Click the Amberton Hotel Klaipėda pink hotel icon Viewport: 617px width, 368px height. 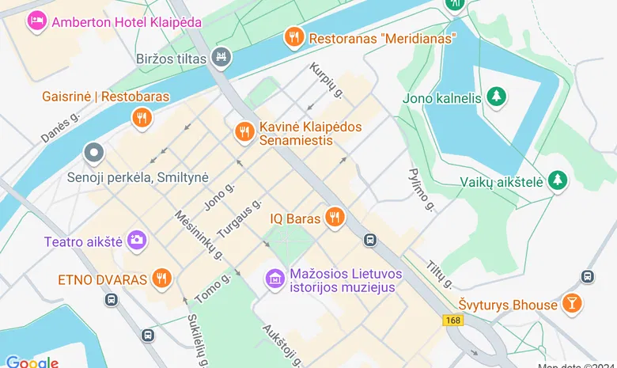tap(36, 21)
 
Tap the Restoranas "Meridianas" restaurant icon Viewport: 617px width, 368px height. tap(294, 37)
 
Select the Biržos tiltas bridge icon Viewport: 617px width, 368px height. tap(221, 57)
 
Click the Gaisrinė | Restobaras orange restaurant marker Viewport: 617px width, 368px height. tap(142, 118)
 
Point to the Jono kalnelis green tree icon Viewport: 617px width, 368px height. tap(496, 97)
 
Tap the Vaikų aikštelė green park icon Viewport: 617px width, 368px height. tap(558, 180)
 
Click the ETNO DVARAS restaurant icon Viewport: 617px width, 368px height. tap(162, 279)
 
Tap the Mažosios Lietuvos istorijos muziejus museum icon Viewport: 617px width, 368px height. tap(274, 279)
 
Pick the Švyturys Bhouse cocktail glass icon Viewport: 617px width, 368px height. tap(570, 303)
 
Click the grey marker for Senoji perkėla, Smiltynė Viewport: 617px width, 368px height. tap(94, 152)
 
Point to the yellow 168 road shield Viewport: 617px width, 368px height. tap(452, 321)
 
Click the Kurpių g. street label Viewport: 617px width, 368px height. tap(326, 82)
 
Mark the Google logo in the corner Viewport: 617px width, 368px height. tap(32, 362)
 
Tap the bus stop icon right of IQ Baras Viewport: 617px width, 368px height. tap(369, 240)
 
